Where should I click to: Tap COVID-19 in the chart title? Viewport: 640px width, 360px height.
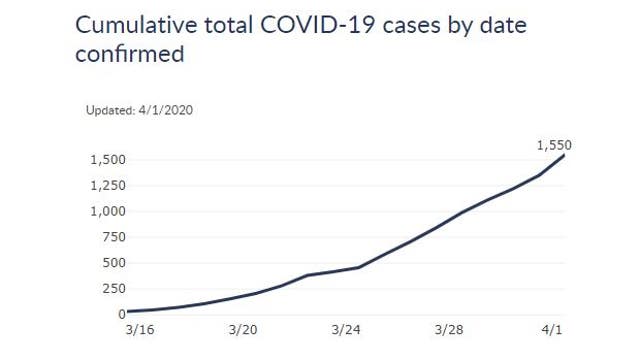coord(306,25)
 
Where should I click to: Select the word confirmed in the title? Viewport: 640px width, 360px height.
coord(129,54)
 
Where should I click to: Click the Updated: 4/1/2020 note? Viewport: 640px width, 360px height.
coord(139,110)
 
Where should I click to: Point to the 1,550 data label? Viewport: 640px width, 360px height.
coord(554,145)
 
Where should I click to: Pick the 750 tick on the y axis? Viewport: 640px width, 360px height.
coord(113,237)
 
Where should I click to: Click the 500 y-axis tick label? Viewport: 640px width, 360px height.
coord(113,263)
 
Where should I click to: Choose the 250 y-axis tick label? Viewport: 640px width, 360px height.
coord(113,289)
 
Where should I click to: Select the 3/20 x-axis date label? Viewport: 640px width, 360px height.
coord(244,330)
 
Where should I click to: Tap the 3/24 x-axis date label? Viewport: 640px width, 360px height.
coord(348,330)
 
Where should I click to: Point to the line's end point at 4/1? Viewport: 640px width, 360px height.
coord(565,155)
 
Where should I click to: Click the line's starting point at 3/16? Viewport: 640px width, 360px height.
coord(129,311)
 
